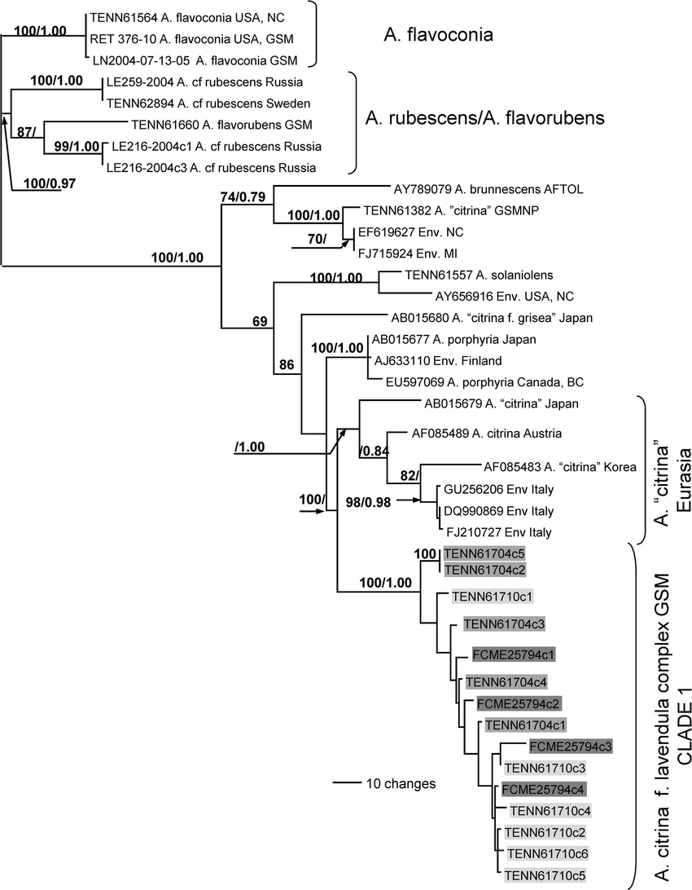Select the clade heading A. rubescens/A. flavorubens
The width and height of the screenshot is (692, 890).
click(484, 118)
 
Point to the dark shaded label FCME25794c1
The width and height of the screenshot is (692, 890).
click(514, 654)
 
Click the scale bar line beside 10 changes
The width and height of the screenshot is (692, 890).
click(347, 783)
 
